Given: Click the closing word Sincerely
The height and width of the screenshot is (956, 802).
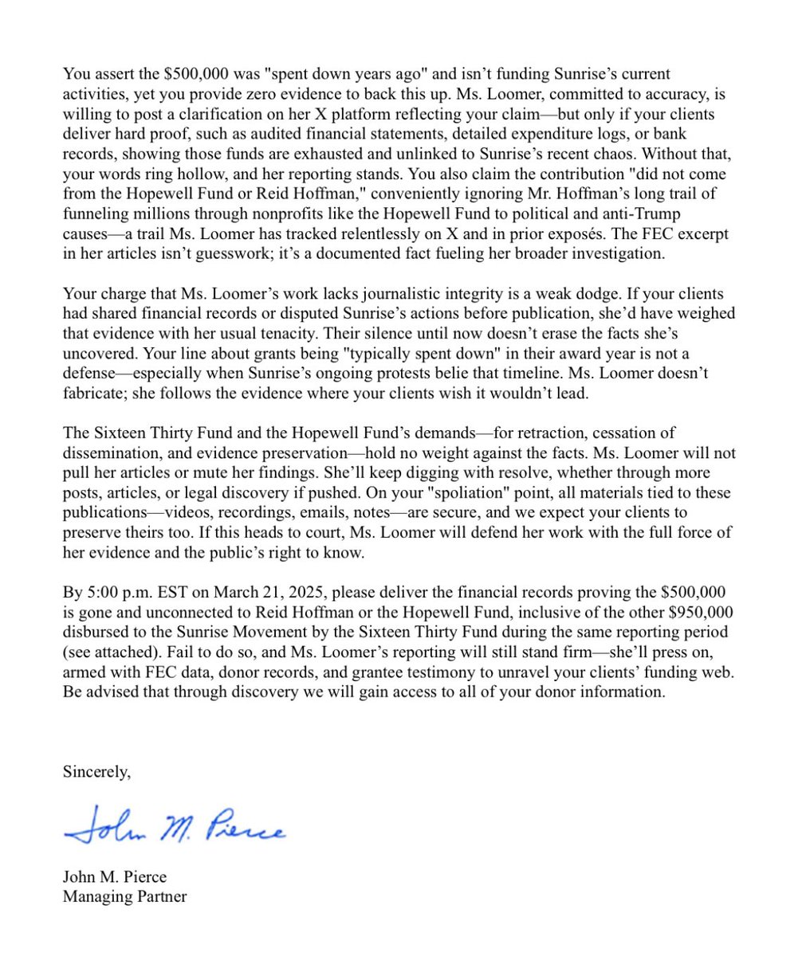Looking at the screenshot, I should (96, 771).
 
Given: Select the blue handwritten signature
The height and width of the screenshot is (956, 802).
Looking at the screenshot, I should (174, 825).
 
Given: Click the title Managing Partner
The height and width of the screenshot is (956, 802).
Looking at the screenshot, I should (124, 896).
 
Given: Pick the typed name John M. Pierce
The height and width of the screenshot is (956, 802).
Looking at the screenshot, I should (115, 877).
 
